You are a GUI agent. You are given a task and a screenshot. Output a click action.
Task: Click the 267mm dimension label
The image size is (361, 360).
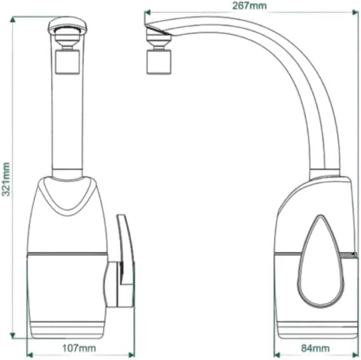click(x=249, y=5)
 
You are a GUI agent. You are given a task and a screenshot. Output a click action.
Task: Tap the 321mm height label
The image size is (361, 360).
click(x=6, y=179)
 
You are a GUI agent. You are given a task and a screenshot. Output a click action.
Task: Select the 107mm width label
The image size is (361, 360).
click(x=79, y=348)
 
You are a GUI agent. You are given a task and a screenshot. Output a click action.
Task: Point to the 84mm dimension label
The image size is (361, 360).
click(x=315, y=349)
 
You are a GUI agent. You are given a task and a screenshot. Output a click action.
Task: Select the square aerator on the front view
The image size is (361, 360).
click(x=68, y=62)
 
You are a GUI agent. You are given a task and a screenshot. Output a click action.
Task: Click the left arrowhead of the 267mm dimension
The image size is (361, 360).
click(x=147, y=12)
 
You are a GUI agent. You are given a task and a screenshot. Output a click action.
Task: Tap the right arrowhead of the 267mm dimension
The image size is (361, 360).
click(x=355, y=12)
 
